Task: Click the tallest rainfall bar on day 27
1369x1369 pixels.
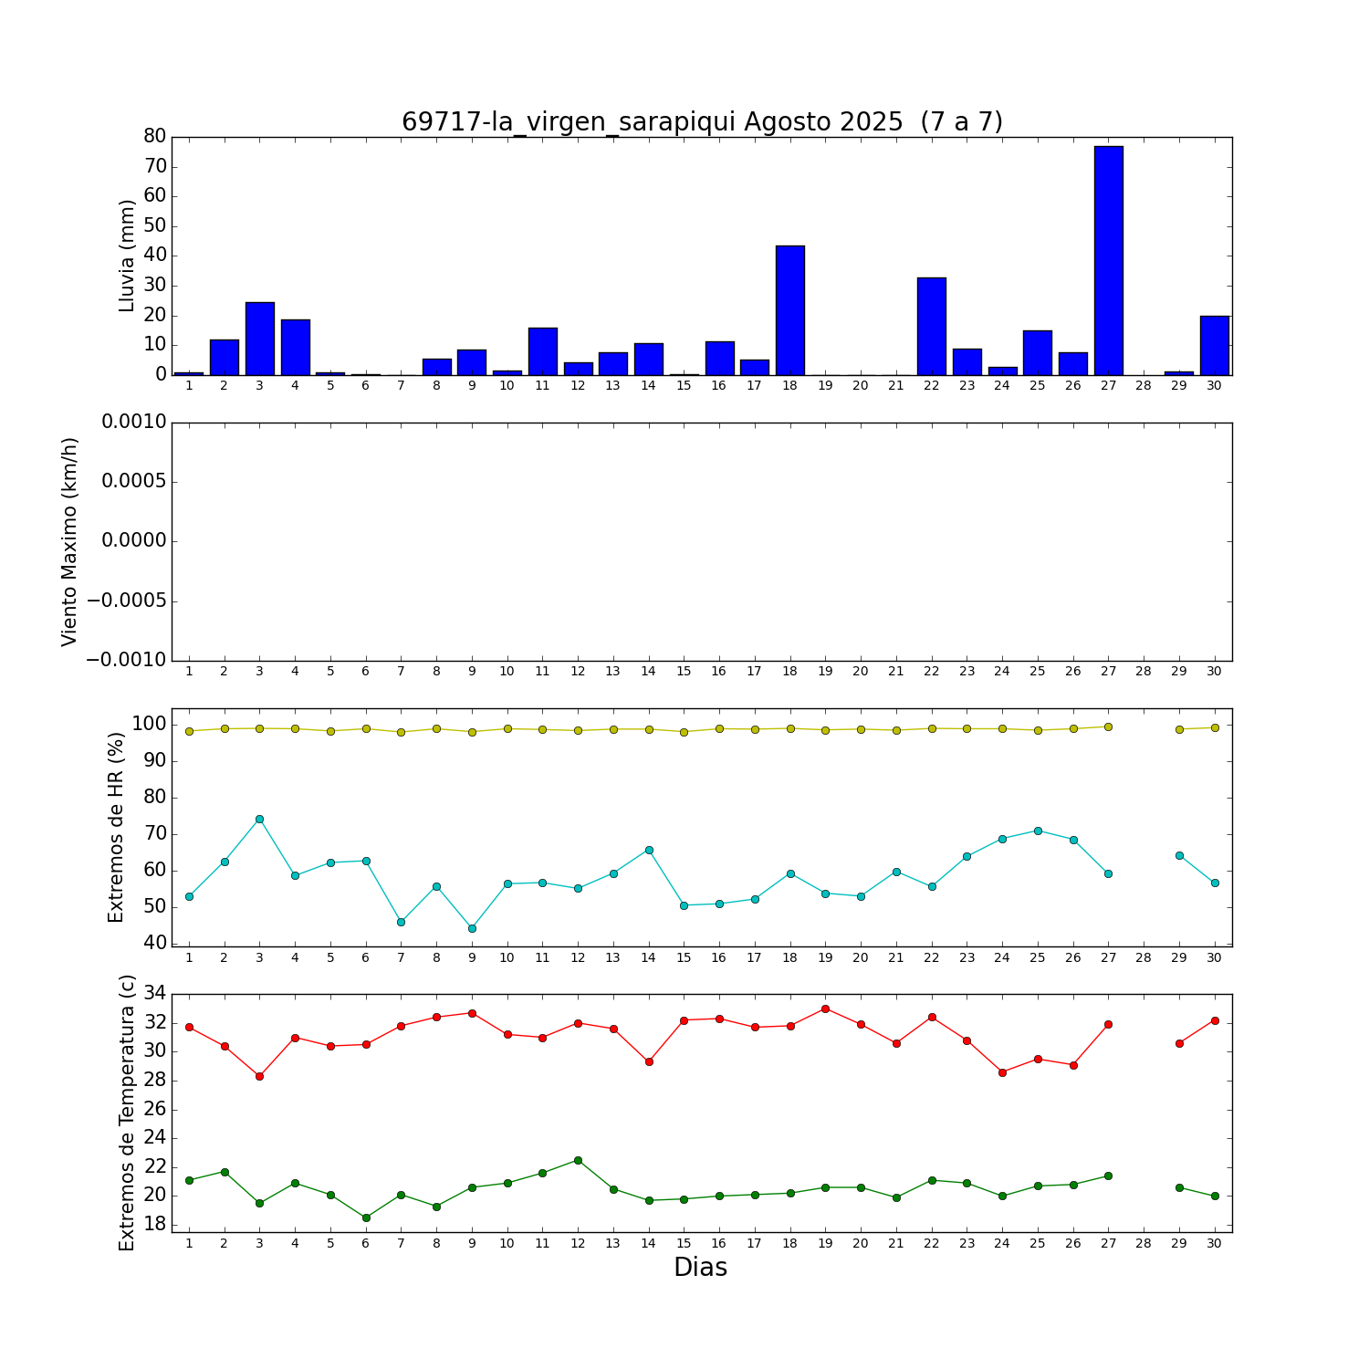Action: [x=1108, y=260]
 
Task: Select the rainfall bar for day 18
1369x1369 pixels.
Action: [x=789, y=310]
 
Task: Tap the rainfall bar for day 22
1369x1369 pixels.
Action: [x=931, y=326]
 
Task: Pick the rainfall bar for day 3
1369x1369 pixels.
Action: [x=259, y=338]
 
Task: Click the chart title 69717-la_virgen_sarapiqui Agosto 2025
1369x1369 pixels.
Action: [x=702, y=122]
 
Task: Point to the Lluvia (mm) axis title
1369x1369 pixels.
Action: [x=127, y=256]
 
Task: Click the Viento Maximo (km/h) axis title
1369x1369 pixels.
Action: [x=70, y=542]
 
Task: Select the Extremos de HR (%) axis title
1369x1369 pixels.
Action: [x=116, y=827]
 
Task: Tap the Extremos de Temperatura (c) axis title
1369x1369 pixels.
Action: [x=127, y=1113]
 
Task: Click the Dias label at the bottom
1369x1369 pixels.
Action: [x=700, y=1268]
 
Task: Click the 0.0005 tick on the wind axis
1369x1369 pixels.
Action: [x=133, y=482]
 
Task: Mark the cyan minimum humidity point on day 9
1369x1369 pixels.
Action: [x=472, y=928]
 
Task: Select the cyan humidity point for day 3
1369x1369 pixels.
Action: [x=259, y=819]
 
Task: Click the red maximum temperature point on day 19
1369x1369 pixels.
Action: [x=825, y=1008]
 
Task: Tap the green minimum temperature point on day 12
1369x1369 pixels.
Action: [x=578, y=1160]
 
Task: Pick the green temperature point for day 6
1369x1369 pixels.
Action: [x=366, y=1217]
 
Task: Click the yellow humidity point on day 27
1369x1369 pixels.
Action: [x=1108, y=726]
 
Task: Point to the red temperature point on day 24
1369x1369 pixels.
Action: [x=1002, y=1072]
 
